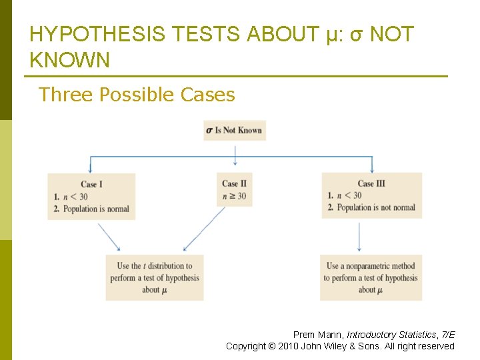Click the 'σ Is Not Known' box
235,130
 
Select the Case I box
91,196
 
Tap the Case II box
235,189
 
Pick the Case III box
371,195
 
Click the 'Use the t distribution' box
155,277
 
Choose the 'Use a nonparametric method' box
371,277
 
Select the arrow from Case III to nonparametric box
360,237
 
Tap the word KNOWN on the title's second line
70,61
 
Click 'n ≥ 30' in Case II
234,196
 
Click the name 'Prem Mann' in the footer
318,335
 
